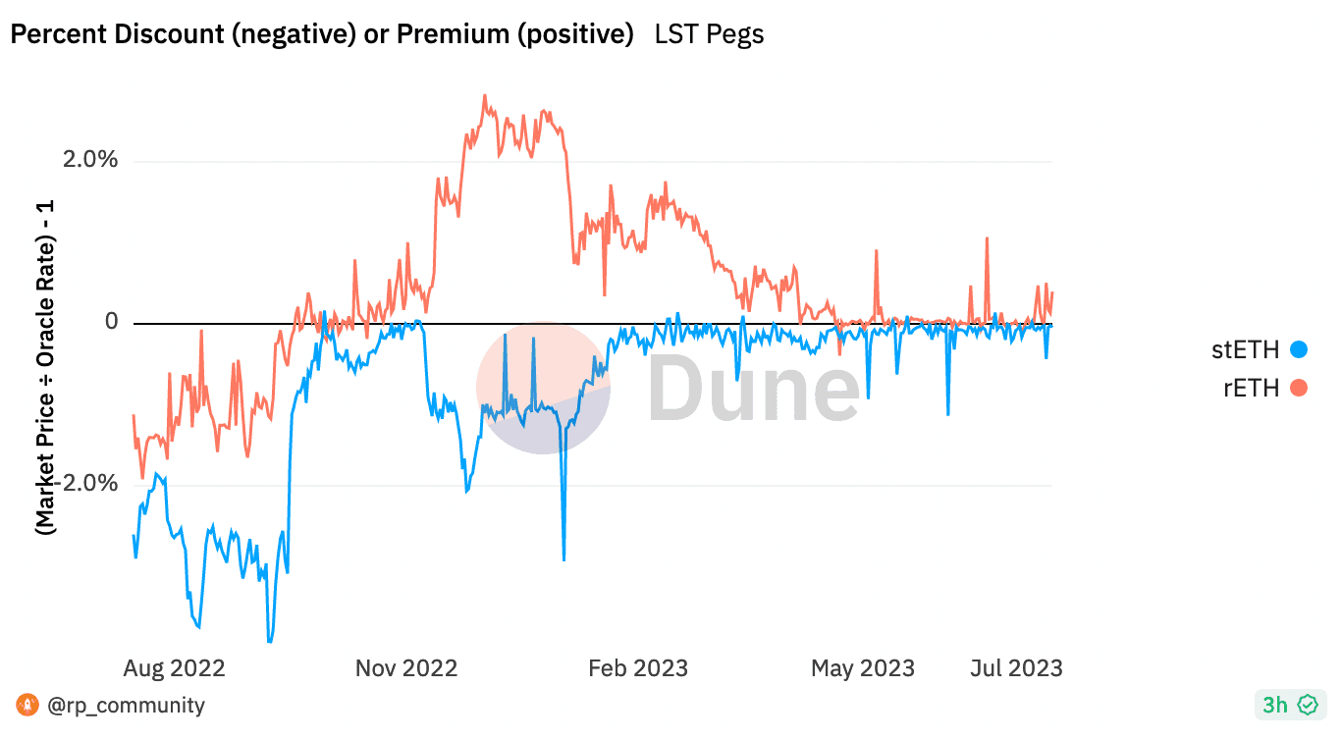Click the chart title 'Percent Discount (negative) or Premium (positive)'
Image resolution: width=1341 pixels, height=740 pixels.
[x=321, y=34]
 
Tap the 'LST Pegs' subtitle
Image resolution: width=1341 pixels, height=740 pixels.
[x=709, y=34]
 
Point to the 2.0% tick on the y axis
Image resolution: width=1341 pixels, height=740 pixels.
[x=89, y=160]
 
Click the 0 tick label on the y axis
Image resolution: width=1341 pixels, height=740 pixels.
[x=111, y=322]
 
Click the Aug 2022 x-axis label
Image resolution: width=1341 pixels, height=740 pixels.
[x=174, y=668]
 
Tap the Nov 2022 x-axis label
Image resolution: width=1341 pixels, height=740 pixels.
[x=405, y=668]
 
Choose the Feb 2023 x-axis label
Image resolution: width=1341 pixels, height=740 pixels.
[x=637, y=668]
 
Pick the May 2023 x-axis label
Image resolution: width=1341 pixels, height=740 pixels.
[x=862, y=668]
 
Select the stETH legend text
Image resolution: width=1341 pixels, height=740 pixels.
[x=1246, y=349]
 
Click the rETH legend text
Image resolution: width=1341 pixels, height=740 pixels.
[x=1251, y=388]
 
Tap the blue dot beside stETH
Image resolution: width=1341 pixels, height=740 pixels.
[x=1299, y=349]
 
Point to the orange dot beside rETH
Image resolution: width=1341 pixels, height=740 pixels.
[x=1299, y=388]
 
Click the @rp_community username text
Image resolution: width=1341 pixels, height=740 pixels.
[x=125, y=705]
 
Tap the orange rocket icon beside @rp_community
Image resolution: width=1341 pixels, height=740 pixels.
[x=28, y=705]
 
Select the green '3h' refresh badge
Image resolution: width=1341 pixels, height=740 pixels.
[x=1289, y=705]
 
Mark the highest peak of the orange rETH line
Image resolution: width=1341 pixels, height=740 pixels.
[x=484, y=96]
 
